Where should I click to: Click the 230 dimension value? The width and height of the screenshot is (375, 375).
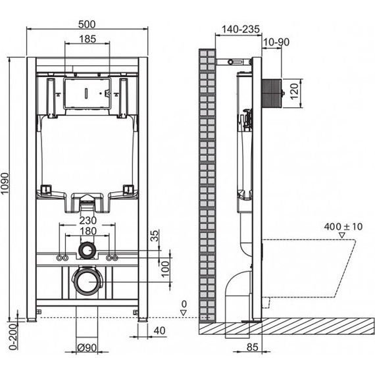[87, 221]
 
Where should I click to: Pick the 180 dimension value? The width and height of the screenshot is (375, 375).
[87, 232]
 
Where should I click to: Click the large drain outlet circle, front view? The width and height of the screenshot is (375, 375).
[87, 282]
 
